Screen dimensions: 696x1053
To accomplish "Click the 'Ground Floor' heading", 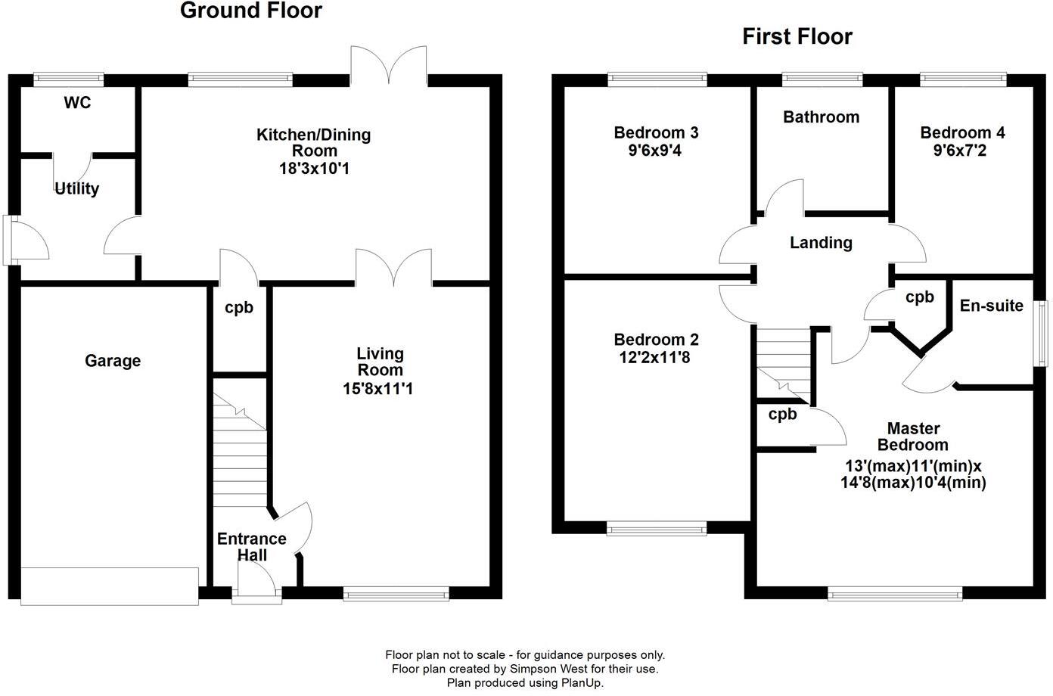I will click(250, 11).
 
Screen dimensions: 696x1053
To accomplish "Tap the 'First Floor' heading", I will click(797, 36).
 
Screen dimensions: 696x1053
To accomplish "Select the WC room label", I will click(77, 102).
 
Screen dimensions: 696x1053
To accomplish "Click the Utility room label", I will click(76, 188).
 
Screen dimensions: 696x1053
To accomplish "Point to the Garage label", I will click(113, 361).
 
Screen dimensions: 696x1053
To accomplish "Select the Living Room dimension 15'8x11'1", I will click(380, 389).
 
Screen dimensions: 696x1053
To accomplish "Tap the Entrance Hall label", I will click(251, 547).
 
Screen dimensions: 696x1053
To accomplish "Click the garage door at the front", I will click(110, 586).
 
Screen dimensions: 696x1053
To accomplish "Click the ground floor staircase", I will click(241, 454).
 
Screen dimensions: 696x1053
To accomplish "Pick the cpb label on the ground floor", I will click(239, 308).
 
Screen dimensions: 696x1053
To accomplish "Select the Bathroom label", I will click(821, 117).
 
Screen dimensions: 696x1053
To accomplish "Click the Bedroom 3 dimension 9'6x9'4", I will click(656, 151).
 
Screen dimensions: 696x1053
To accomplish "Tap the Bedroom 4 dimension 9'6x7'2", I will click(962, 151).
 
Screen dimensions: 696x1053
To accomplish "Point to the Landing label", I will click(821, 243).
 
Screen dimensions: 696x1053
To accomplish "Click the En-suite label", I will click(991, 306).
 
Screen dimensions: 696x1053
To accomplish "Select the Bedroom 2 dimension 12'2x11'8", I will click(656, 356).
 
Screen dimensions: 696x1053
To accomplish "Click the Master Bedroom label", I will click(918, 437).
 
